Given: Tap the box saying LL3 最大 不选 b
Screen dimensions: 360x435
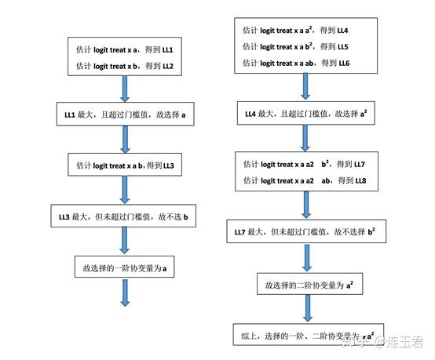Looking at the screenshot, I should click(x=125, y=216).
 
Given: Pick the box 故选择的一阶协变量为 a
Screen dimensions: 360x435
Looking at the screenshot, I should click(x=125, y=268).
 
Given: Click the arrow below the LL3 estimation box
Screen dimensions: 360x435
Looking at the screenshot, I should click(x=125, y=191).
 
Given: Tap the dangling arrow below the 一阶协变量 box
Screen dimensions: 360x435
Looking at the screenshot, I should click(x=125, y=293).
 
